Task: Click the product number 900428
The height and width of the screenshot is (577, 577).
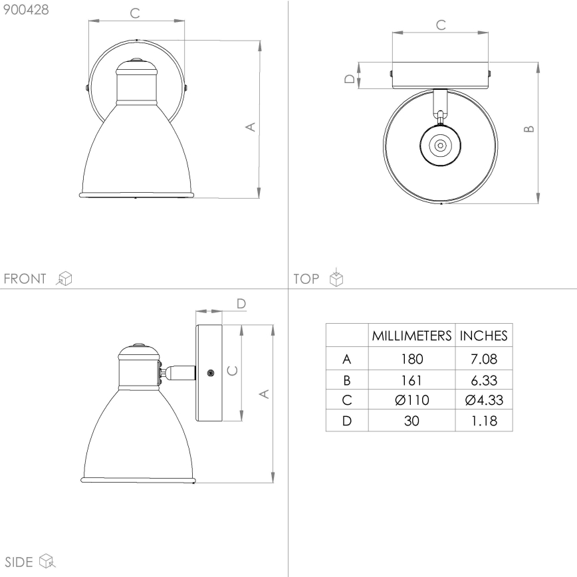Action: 26,11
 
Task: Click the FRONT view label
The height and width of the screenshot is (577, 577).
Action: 25,279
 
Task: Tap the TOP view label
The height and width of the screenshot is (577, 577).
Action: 306,279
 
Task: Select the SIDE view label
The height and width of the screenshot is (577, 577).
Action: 19,562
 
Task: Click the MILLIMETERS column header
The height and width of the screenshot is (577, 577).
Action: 411,336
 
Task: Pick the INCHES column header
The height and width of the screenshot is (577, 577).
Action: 484,336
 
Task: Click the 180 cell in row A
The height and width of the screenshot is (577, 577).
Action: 411,360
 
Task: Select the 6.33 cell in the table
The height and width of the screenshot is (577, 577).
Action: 484,380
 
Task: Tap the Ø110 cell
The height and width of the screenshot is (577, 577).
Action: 411,400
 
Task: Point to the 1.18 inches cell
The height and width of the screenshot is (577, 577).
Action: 484,421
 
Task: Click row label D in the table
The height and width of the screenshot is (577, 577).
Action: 346,421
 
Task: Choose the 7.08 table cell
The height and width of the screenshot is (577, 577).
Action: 484,360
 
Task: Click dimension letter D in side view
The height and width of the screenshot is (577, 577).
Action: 241,304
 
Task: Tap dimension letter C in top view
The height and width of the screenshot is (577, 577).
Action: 440,25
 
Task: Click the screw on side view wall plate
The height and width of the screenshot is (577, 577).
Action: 211,374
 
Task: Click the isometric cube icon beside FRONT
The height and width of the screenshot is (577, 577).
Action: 64,279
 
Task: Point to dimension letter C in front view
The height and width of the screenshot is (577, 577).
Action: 134,12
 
